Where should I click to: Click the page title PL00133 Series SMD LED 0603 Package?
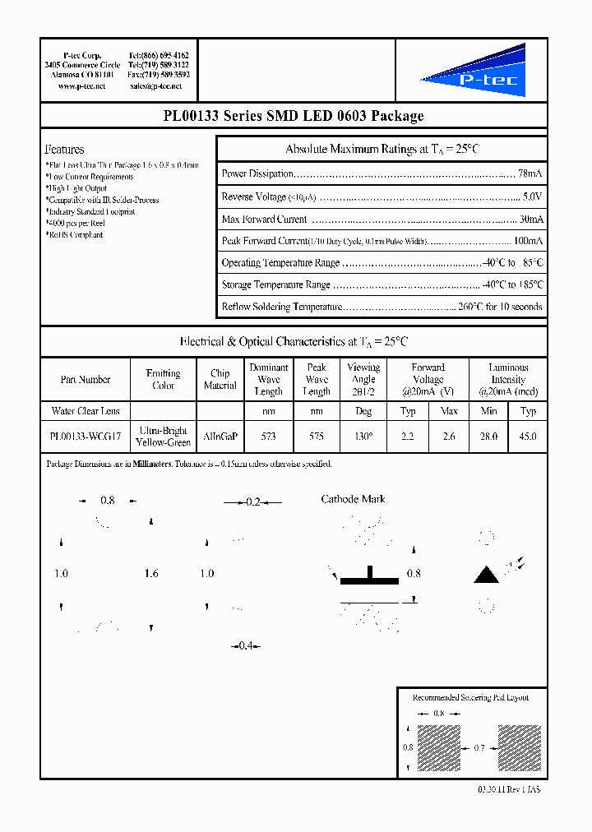click(x=294, y=116)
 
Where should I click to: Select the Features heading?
click(x=64, y=150)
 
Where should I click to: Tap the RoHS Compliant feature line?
click(x=75, y=235)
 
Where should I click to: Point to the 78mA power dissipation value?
click(x=530, y=174)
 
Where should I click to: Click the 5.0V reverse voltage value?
click(x=532, y=197)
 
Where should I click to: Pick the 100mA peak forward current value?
click(x=527, y=241)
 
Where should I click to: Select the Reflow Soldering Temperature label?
click(x=281, y=307)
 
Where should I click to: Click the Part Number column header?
click(x=85, y=380)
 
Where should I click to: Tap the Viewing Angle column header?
click(x=363, y=379)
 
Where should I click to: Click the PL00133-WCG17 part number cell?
click(x=85, y=437)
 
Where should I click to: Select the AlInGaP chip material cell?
click(x=220, y=437)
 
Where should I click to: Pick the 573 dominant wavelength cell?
click(x=268, y=437)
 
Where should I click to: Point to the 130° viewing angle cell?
click(x=363, y=437)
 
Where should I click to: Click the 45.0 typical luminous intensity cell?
click(x=528, y=437)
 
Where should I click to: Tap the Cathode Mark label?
click(x=353, y=499)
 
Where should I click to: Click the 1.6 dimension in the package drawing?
click(x=150, y=573)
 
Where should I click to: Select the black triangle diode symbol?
click(x=487, y=574)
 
